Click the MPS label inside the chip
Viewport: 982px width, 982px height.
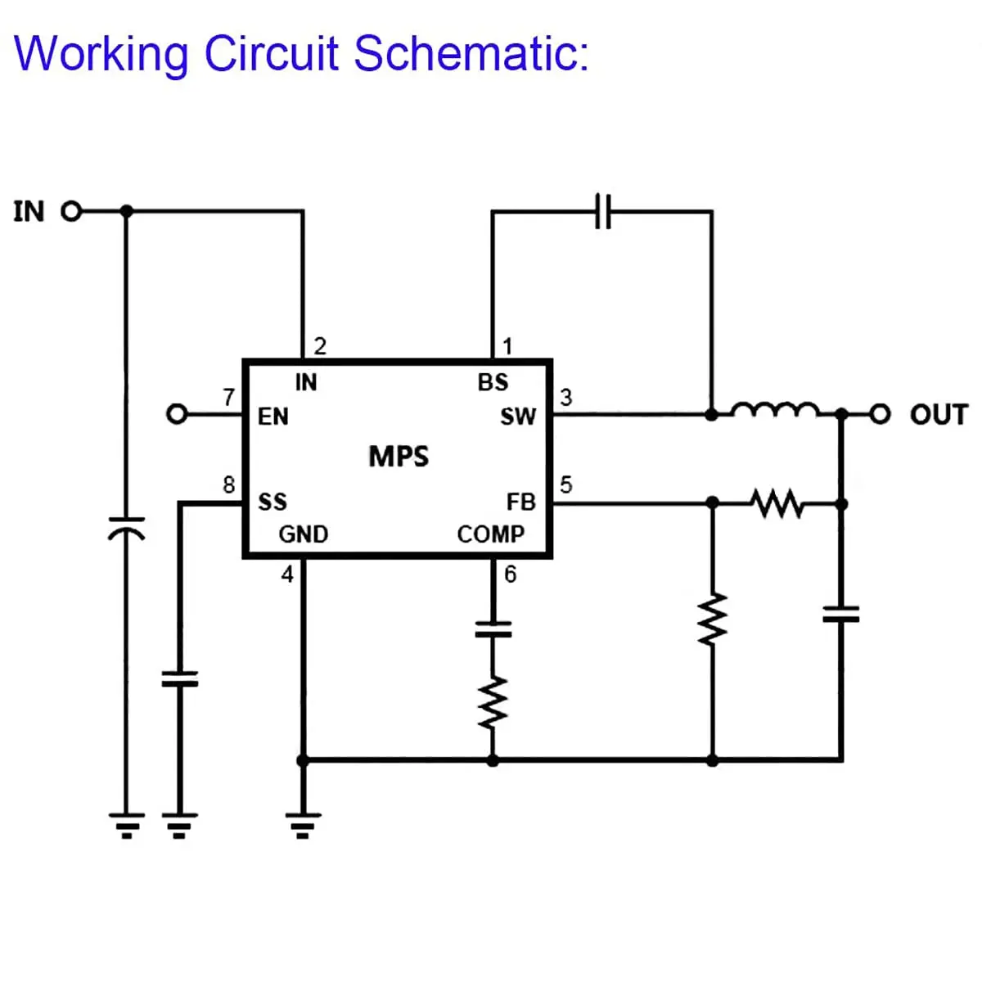click(399, 456)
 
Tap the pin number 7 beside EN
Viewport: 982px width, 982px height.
click(229, 397)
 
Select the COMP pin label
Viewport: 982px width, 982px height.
click(491, 534)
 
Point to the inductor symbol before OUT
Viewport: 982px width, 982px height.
click(776, 410)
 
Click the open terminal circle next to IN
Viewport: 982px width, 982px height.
click(71, 211)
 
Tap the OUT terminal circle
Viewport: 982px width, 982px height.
click(880, 414)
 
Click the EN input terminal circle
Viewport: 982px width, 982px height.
click(177, 414)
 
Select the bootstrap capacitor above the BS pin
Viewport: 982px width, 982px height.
click(603, 211)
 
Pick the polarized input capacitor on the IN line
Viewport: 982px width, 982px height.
click(126, 529)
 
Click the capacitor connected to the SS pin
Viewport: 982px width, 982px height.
click(179, 678)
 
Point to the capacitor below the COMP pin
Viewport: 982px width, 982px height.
click(493, 629)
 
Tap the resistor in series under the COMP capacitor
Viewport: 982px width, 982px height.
click(493, 702)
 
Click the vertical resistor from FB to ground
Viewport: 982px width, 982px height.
click(713, 619)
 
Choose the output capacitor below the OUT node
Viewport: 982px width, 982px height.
click(841, 614)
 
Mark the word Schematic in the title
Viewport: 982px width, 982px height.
click(471, 53)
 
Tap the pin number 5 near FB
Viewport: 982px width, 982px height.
click(566, 484)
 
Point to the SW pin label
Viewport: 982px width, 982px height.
click(518, 417)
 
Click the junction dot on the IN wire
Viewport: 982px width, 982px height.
click(126, 211)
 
